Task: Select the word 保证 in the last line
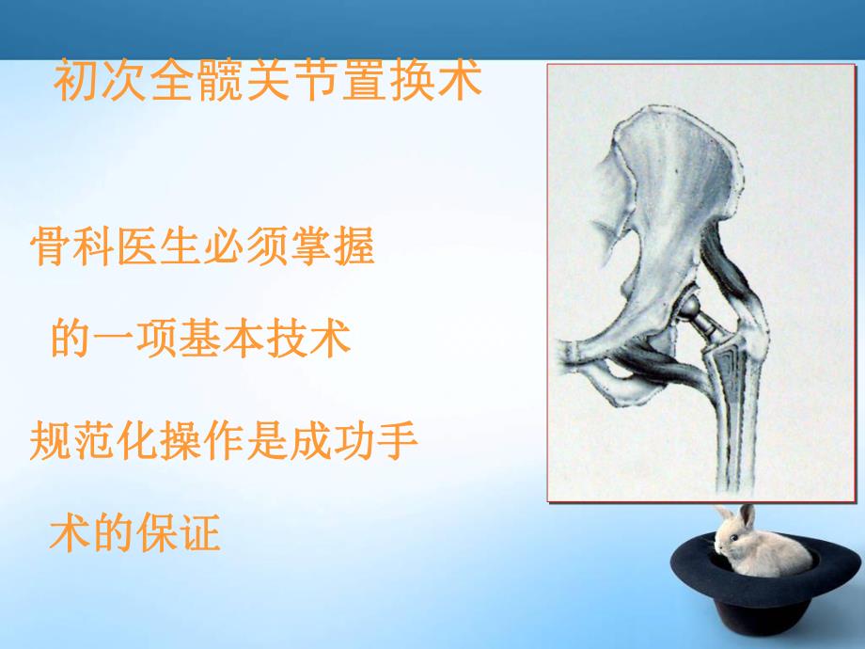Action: [x=179, y=533]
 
